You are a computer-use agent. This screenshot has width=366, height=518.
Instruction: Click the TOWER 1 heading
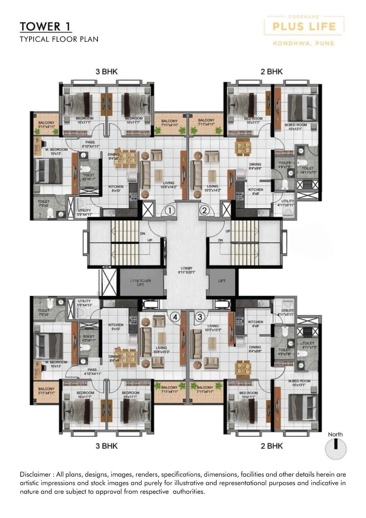coord(46,27)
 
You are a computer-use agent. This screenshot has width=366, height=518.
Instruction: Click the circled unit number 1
coord(170,210)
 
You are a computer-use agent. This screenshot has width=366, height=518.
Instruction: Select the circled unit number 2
coord(205,210)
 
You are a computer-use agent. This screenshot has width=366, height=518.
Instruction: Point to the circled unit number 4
coord(175,317)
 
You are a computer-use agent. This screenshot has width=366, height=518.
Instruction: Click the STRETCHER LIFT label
coord(141,282)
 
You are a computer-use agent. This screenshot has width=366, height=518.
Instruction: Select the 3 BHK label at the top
coord(106,72)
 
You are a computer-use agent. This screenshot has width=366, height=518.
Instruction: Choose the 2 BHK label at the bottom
coord(271,446)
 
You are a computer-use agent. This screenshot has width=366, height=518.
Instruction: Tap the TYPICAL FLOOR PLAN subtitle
coord(59,39)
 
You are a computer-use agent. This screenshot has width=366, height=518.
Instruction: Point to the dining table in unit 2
coord(243,147)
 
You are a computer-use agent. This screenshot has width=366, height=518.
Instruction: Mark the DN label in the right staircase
coord(220,240)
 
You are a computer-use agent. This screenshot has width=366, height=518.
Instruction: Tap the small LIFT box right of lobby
coord(222,281)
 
